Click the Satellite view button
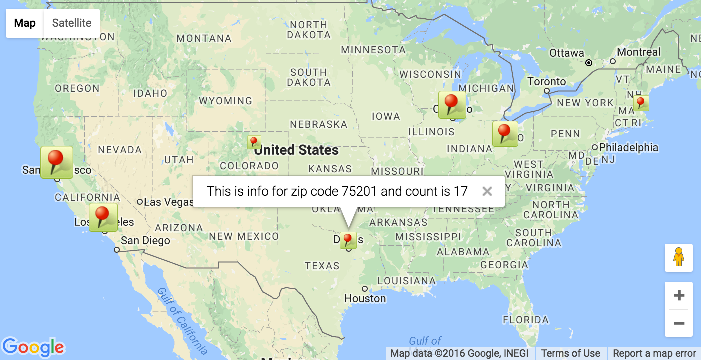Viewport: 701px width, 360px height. [x=72, y=23]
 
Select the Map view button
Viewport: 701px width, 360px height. [x=25, y=23]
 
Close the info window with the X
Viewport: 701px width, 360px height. [x=487, y=191]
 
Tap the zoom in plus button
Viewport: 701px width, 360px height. [x=679, y=296]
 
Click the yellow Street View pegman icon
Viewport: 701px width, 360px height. [x=678, y=258]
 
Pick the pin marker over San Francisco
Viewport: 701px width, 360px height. [x=57, y=162]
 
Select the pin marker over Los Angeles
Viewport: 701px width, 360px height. [x=103, y=217]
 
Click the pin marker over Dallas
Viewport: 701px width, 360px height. [x=348, y=240]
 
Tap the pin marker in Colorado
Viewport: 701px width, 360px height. [x=254, y=142]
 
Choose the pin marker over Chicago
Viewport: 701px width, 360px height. [x=452, y=105]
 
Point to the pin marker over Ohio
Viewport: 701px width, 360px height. [x=505, y=134]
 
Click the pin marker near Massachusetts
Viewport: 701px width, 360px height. [x=641, y=103]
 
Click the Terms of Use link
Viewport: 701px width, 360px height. [x=570, y=353]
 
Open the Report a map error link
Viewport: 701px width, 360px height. [x=654, y=353]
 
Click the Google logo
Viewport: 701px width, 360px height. [x=33, y=347]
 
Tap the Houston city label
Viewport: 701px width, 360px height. [x=365, y=298]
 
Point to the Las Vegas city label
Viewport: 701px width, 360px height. [x=168, y=202]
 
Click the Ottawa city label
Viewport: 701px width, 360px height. [x=566, y=53]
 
